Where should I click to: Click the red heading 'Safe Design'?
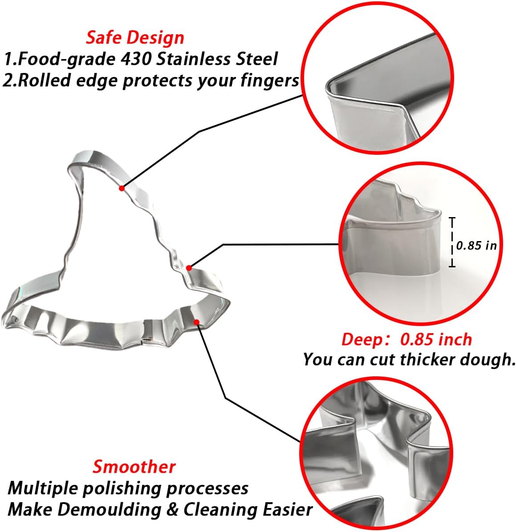pos(135,38)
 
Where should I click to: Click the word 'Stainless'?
pos(192,59)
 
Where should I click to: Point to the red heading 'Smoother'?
pos(134,467)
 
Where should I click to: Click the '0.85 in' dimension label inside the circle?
pos(476,245)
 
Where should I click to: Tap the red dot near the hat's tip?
pos(122,188)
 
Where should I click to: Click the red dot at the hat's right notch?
pos(189,268)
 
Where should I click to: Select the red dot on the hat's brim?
pos(196,322)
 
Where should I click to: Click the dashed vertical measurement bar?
pos(452,242)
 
